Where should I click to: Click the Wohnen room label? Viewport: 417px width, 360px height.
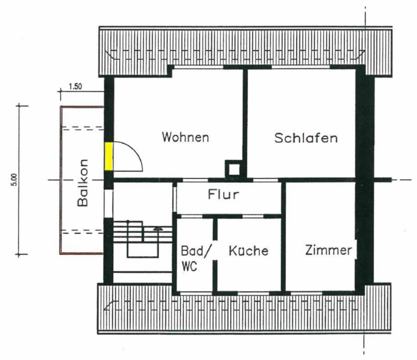point(185,137)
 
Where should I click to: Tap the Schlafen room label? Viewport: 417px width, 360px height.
point(306,138)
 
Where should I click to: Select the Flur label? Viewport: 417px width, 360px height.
point(223,194)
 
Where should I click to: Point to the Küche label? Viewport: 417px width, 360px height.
point(248,251)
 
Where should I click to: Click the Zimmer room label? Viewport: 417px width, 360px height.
point(328,250)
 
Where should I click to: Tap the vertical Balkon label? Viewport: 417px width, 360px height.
point(83,183)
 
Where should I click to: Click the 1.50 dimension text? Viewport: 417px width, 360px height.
point(75,87)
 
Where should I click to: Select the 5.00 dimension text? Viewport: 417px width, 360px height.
point(14,180)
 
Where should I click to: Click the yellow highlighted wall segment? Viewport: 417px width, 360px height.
point(108,156)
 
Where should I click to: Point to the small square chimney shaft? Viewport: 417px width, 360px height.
point(234,169)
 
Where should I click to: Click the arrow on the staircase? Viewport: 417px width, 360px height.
point(158,228)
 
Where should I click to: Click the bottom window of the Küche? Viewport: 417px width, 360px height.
point(253,294)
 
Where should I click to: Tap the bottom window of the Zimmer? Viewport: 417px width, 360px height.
point(306,294)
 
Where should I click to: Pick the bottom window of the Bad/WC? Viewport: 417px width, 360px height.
point(196,294)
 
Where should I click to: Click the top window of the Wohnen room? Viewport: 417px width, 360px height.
point(199,67)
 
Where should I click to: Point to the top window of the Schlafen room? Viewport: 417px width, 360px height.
point(301,67)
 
